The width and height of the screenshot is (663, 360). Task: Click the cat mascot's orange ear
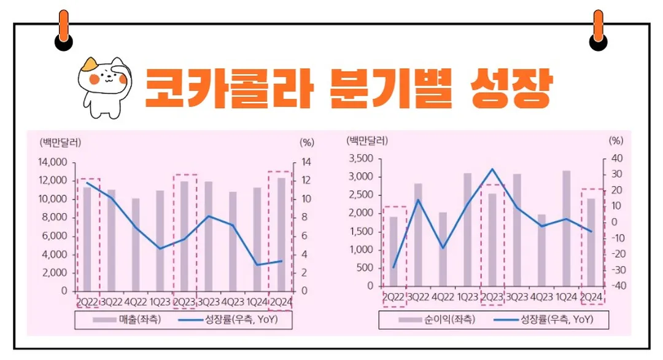click(92, 63)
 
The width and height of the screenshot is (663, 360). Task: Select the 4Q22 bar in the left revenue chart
click(136, 244)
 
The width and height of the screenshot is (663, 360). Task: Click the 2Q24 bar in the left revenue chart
click(282, 234)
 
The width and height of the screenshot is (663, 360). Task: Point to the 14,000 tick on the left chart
click(52, 163)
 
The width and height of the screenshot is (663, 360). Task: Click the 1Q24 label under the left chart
click(257, 302)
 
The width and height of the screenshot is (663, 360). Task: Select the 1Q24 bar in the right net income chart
click(566, 228)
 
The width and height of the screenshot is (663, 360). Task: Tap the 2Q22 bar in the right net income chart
click(394, 251)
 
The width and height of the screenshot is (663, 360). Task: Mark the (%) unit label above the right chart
click(616, 139)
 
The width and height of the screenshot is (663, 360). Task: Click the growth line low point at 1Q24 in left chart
click(257, 265)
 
